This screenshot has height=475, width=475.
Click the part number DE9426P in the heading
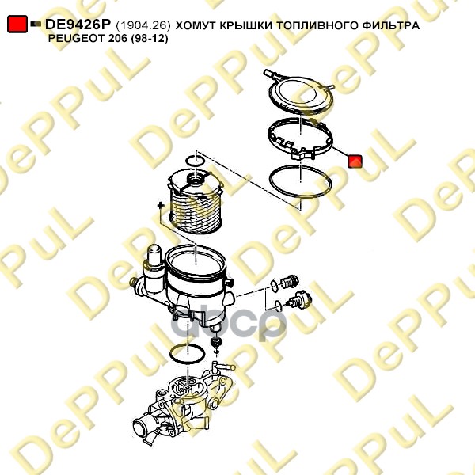click(78, 25)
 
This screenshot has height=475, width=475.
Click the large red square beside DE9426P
click(17, 24)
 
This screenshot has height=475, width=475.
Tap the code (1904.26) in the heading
click(143, 25)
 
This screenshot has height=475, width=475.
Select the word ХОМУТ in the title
click(195, 25)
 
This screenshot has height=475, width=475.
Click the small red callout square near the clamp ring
click(355, 161)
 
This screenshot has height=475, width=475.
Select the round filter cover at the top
click(301, 94)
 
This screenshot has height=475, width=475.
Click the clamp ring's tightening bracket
click(302, 154)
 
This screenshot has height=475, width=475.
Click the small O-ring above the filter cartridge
click(195, 161)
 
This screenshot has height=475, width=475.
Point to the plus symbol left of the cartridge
click(161, 205)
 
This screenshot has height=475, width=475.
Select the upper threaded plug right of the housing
click(289, 282)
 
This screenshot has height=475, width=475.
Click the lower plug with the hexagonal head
click(299, 300)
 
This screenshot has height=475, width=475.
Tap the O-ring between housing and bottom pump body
click(187, 353)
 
